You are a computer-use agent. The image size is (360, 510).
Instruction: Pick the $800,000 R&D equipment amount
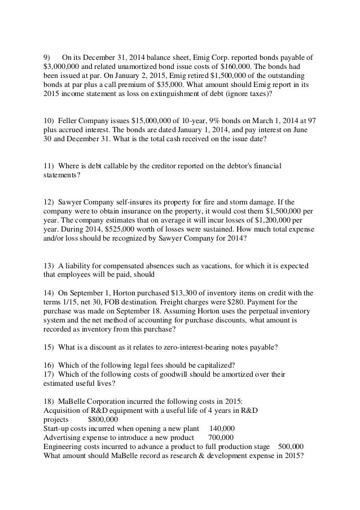pyautogui.click(x=103, y=419)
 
